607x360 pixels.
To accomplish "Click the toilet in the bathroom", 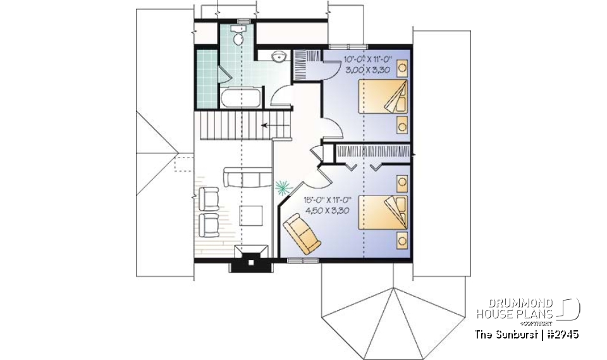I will click(x=238, y=39).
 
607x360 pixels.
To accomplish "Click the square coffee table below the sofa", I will click(x=252, y=214).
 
